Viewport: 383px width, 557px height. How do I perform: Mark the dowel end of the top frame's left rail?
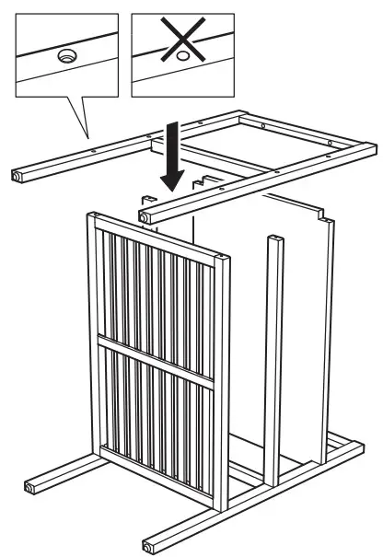(19, 174)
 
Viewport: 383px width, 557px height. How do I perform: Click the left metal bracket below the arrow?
(146, 197)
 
